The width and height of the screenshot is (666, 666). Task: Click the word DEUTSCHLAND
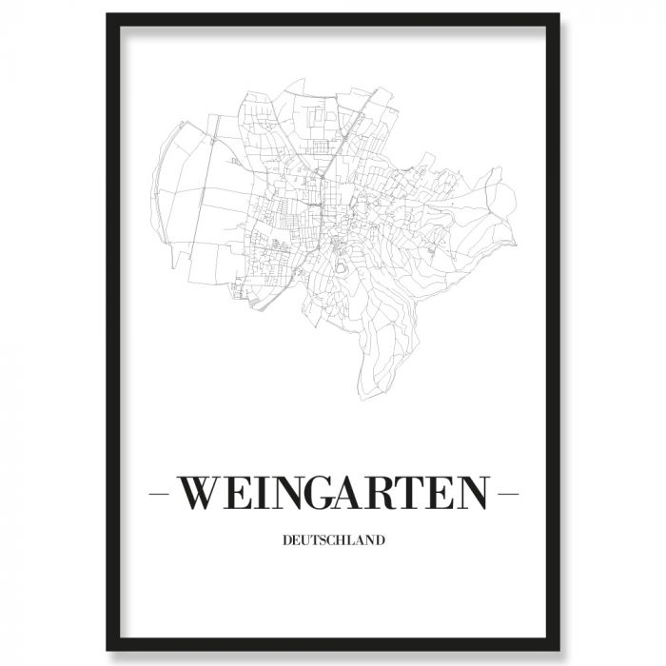[x=333, y=541]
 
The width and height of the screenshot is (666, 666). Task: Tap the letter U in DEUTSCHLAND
[x=305, y=541]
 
